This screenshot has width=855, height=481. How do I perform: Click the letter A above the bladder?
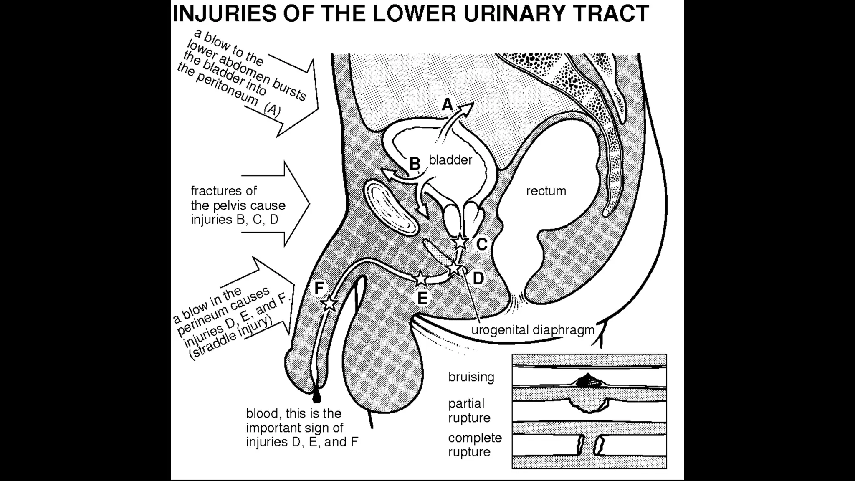447,104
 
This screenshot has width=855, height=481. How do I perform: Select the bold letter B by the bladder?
415,164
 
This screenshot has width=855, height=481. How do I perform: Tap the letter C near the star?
482,245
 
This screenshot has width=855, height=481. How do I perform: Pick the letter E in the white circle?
422,299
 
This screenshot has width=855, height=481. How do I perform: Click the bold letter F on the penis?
319,288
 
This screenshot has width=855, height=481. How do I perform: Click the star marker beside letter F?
330,303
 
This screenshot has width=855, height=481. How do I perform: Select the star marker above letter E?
420,278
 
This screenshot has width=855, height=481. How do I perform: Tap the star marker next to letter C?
460,241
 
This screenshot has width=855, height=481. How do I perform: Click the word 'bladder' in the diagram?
450,160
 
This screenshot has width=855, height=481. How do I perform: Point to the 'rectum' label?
546,191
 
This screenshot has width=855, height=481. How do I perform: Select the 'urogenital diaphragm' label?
533,330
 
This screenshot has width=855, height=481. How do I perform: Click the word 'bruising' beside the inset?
471,377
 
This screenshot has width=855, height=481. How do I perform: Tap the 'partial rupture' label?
469,411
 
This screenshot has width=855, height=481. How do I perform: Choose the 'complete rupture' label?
475,445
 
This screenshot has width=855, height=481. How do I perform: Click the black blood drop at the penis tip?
317,398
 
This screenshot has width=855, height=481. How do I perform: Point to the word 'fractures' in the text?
224,191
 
